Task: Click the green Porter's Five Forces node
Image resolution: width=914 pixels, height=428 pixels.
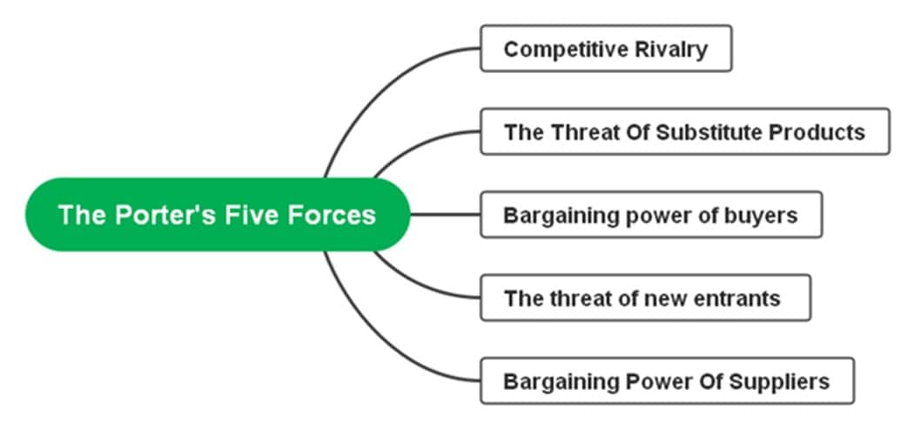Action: click(x=218, y=214)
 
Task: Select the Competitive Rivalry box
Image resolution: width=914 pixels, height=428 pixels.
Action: click(x=606, y=49)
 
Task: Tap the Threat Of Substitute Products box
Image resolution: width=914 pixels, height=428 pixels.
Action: click(x=684, y=131)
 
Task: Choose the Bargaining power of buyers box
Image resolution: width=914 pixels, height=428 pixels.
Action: click(x=650, y=214)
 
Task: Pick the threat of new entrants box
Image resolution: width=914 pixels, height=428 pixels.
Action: click(x=645, y=298)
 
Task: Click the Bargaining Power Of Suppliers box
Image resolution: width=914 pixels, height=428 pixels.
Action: click(x=667, y=380)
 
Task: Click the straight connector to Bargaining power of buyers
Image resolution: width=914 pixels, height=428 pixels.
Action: click(x=444, y=214)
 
